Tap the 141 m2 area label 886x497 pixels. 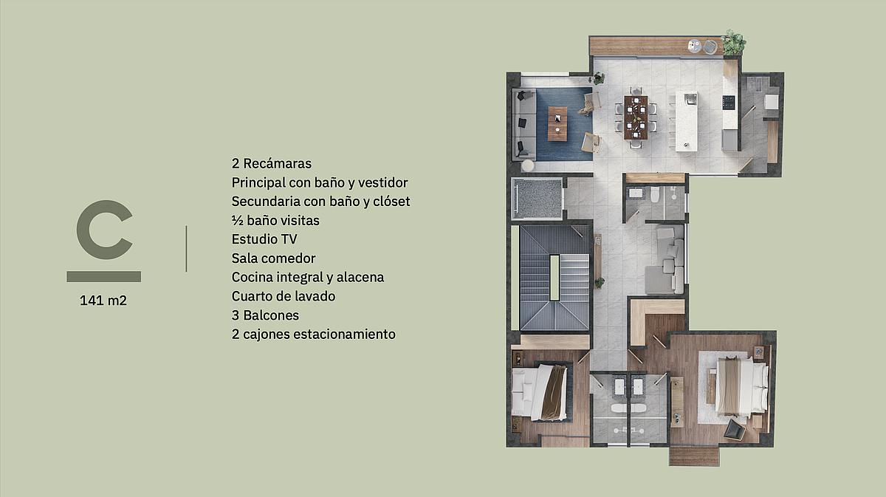pos(103,301)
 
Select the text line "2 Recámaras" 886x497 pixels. pos(272,163)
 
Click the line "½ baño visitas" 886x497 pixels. pos(275,220)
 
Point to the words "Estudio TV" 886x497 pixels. pos(264,239)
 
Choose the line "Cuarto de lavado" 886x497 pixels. pos(284,296)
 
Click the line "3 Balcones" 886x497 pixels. pos(265,315)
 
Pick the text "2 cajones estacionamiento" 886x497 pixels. pos(313,335)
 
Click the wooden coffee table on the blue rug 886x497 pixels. pos(557,123)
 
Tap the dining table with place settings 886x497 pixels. pos(636,117)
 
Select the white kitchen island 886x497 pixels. pos(686,121)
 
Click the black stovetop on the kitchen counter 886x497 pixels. pos(729,102)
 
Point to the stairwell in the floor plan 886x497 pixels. pos(554,278)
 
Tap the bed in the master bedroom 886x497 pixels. pos(741,387)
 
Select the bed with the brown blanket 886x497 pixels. pos(540,392)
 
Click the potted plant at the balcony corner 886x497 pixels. pos(733,42)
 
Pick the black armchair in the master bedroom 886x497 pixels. pos(735,430)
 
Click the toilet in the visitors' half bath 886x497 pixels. pos(655,194)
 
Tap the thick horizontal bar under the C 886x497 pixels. pos(103,277)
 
